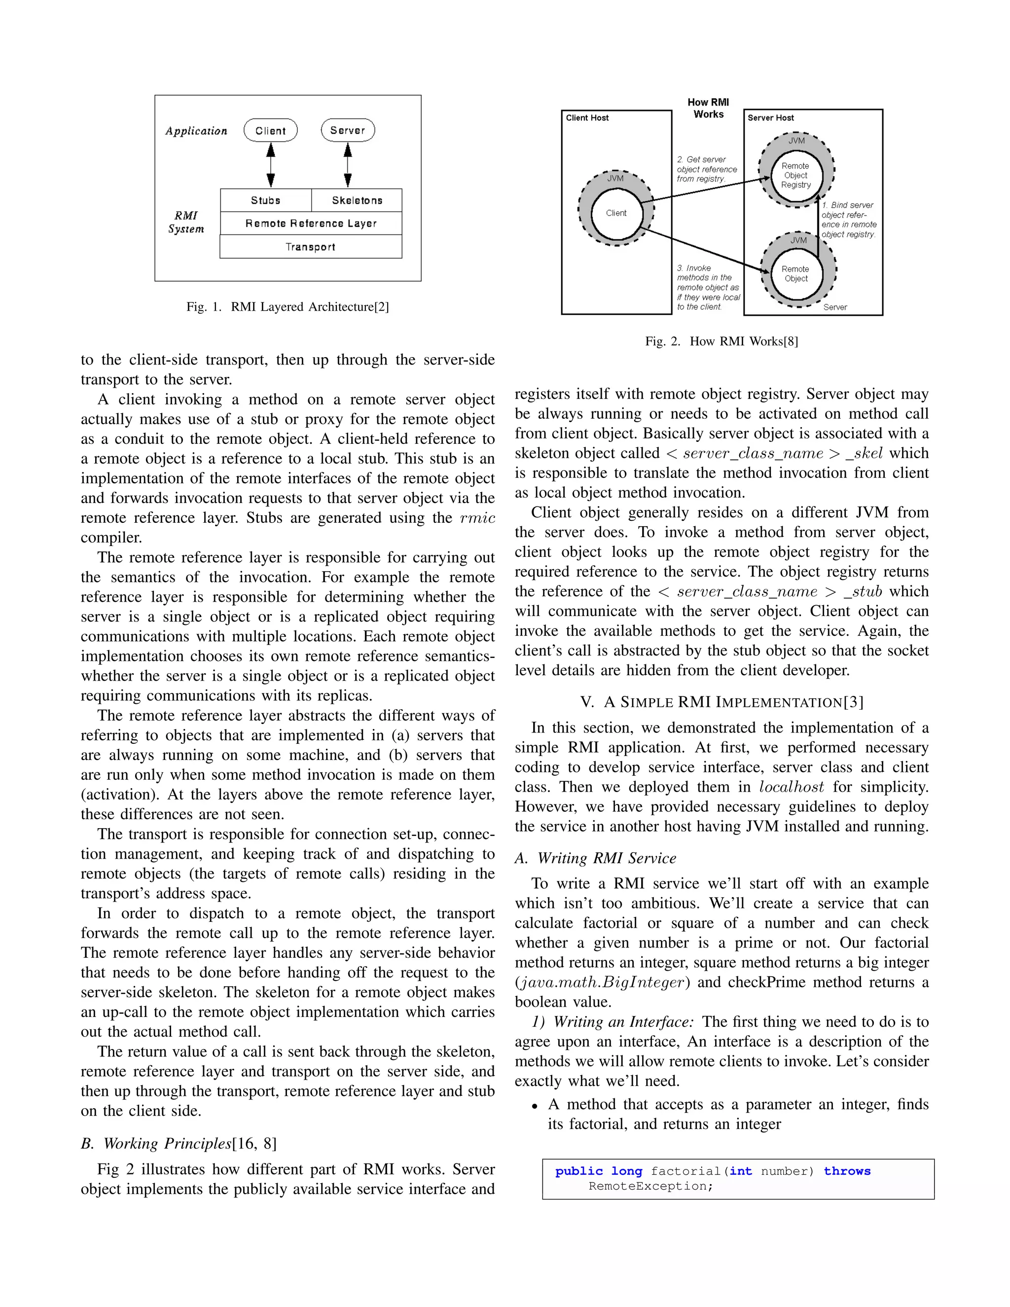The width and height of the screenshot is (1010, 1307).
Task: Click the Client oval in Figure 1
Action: tap(270, 131)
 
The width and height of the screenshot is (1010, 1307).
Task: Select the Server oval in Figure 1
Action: tap(348, 131)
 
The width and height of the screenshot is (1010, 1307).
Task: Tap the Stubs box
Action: tap(266, 200)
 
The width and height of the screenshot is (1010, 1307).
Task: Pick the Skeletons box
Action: tap(357, 200)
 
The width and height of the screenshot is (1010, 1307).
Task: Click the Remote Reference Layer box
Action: tap(311, 223)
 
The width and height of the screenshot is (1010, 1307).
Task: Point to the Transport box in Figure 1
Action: tap(311, 247)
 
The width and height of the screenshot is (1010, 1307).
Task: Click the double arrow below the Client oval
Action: tap(270, 165)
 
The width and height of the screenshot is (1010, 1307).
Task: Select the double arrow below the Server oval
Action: tap(348, 165)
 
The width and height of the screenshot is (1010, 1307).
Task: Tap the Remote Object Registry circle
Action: tap(796, 176)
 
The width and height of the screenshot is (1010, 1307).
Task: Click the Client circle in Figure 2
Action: tap(616, 213)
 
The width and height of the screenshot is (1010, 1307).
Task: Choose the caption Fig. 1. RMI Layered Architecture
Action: tap(287, 307)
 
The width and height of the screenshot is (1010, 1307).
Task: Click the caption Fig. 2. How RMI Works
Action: tap(721, 341)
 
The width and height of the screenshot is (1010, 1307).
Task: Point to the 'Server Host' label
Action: tap(771, 118)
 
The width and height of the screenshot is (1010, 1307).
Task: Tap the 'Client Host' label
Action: tap(587, 118)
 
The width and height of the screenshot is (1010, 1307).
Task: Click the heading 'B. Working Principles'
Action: tap(179, 1144)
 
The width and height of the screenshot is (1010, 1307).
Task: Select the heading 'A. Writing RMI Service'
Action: tap(595, 858)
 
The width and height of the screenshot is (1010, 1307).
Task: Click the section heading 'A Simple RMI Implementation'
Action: tap(721, 702)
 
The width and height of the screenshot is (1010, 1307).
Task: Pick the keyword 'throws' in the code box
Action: tap(847, 1171)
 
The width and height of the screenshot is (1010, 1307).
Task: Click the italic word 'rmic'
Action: tap(477, 518)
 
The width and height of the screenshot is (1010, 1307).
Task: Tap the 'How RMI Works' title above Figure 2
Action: tap(709, 109)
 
